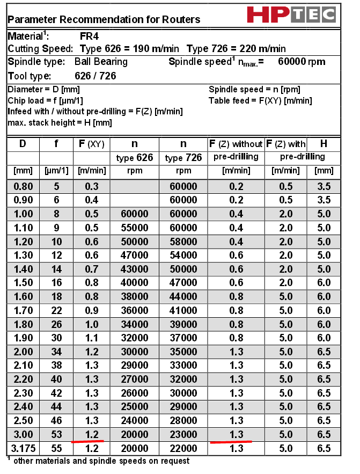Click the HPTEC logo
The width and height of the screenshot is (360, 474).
coord(291,14)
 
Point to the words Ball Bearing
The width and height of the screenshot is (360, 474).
coord(101,62)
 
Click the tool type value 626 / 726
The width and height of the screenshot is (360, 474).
coord(95,76)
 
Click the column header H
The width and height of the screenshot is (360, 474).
coord(324,144)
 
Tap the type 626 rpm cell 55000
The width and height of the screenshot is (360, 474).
coord(134,228)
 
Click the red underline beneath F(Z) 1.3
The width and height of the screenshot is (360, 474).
coord(231,442)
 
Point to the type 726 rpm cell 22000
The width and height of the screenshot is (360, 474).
coord(183,449)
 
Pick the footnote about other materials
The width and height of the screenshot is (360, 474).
coord(101,461)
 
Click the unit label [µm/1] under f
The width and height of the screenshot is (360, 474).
coord(56,171)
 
